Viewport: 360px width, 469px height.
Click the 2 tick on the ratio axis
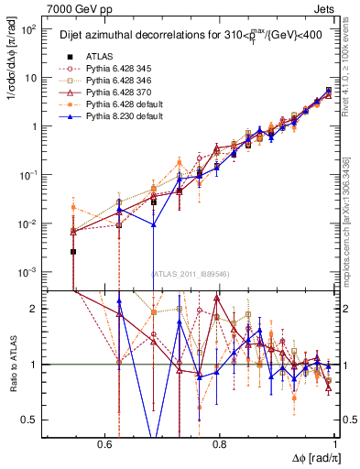(x=35, y=309)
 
